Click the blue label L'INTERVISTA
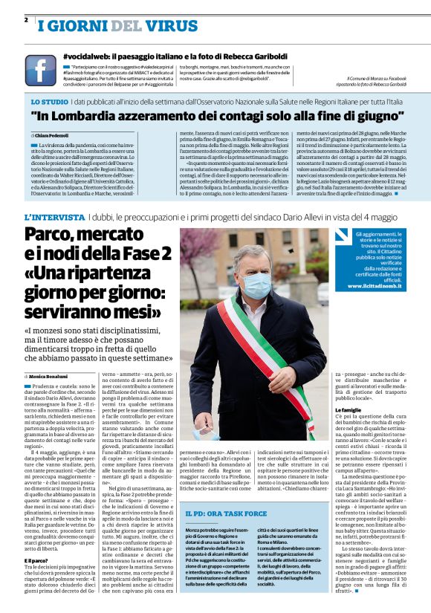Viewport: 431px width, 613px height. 55,217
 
